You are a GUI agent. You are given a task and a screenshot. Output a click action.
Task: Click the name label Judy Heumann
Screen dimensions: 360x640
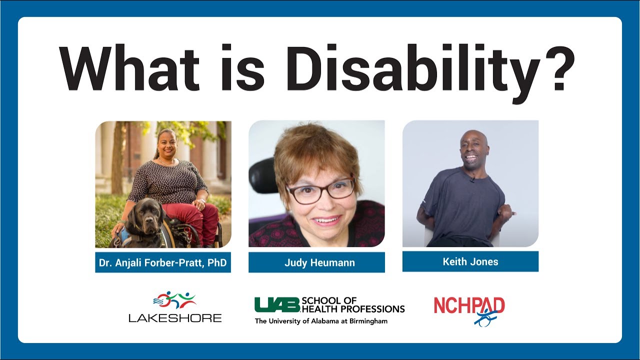pos(316,262)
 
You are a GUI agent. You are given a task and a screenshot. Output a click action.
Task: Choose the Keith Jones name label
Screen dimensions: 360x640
pos(470,261)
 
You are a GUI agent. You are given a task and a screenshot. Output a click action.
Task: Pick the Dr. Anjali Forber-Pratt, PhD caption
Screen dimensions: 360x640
pos(163,262)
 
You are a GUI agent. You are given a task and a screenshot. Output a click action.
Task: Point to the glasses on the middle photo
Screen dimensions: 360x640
pos(320,190)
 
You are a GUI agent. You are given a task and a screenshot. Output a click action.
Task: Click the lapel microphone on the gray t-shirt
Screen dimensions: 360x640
pos(471,179)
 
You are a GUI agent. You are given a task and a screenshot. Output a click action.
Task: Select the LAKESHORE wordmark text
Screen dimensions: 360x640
pos(175,317)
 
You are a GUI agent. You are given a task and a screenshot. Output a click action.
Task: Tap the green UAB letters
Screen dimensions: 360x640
pos(276,304)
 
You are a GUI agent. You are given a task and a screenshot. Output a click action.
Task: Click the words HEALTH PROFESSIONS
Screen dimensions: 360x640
pos(353,309)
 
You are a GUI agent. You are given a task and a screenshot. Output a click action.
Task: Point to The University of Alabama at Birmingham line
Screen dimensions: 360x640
pos(321,321)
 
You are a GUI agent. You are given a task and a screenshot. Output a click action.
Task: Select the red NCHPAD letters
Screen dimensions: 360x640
pos(469,305)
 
